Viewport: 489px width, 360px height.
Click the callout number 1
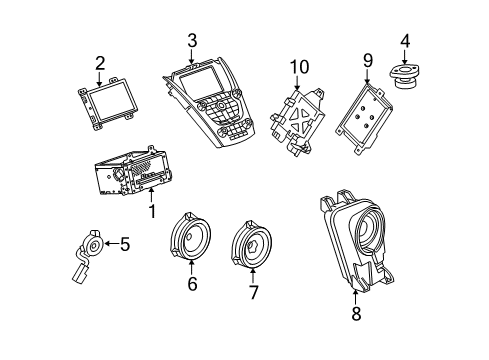coord(151,212)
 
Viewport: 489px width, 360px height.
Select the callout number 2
coord(100,64)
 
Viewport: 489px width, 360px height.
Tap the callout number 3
coord(191,41)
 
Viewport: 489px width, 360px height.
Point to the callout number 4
coord(404,42)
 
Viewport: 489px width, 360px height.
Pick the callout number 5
coord(125,242)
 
